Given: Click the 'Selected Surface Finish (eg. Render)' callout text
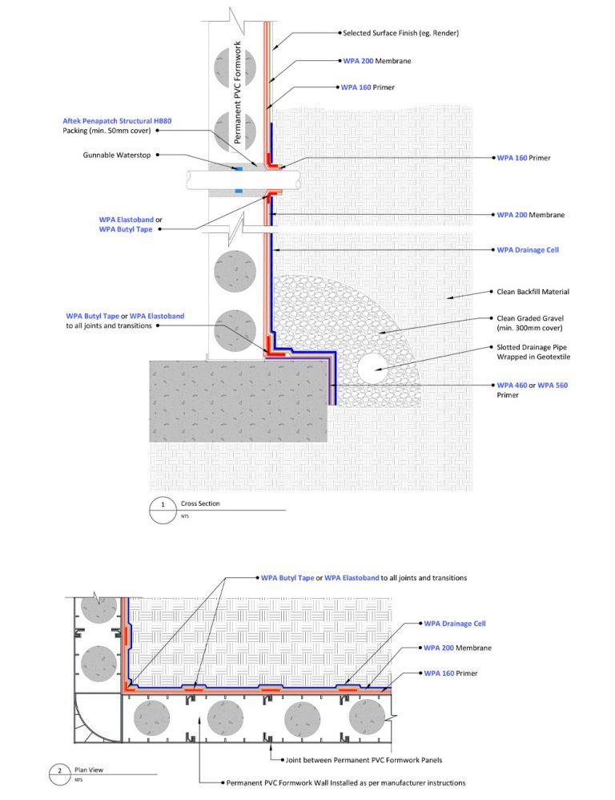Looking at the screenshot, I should [400, 33].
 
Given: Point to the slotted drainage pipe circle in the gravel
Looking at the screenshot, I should [376, 370].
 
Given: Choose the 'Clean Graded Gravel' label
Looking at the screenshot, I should [531, 317].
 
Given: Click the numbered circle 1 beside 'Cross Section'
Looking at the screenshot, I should [163, 506].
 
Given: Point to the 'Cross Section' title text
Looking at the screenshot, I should [199, 503].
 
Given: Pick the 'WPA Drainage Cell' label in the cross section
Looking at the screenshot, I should [528, 250].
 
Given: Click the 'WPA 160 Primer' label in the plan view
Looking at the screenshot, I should [450, 673].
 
